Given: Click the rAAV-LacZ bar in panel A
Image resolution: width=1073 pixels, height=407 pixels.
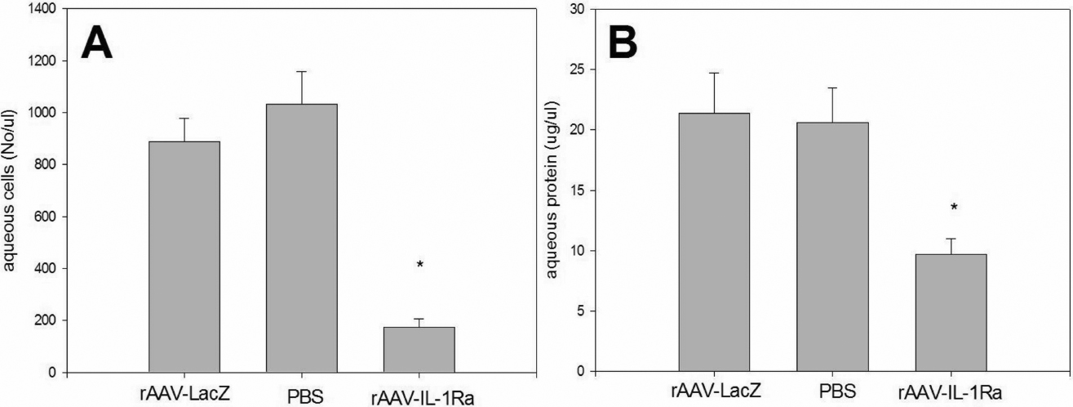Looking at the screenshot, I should pyautogui.click(x=184, y=257).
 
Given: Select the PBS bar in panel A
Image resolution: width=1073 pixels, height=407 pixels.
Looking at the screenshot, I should pyautogui.click(x=302, y=238).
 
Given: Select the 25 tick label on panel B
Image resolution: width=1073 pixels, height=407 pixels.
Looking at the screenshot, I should pyautogui.click(x=577, y=69).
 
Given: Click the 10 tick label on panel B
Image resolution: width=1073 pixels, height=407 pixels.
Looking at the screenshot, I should pyautogui.click(x=577, y=251).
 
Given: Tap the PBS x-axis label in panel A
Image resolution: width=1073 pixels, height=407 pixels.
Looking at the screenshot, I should pyautogui.click(x=302, y=397).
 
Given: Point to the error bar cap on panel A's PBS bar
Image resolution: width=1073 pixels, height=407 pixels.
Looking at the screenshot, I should pyautogui.click(x=302, y=72).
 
